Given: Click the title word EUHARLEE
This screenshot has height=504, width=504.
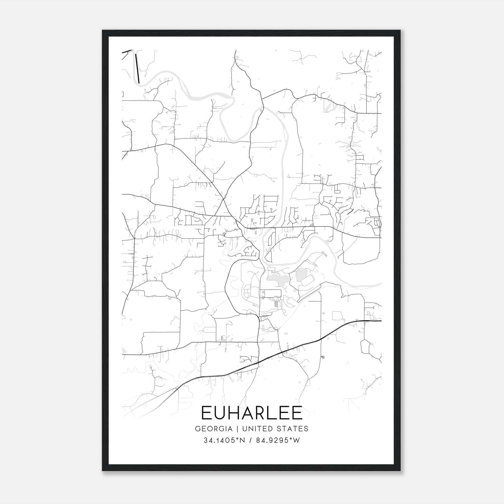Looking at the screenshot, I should pyautogui.click(x=252, y=413).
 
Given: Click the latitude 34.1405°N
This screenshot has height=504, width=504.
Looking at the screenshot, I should pyautogui.click(x=224, y=440).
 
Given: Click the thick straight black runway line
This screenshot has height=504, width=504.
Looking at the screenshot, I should pyautogui.click(x=137, y=69).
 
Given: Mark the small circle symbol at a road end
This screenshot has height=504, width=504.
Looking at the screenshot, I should pyautogui.click(x=323, y=357).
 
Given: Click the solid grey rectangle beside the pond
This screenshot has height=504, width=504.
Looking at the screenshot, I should pyautogui.click(x=301, y=275).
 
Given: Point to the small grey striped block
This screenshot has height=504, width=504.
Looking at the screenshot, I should pyautogui.click(x=277, y=303).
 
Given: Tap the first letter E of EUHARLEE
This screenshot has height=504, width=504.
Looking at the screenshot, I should pyautogui.click(x=206, y=413).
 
